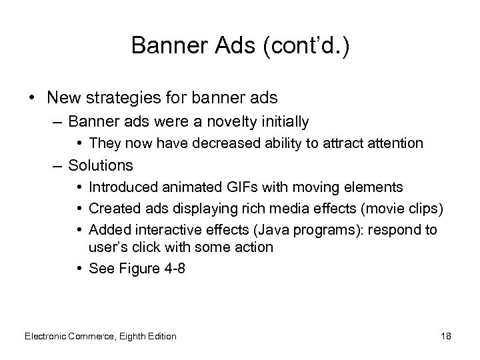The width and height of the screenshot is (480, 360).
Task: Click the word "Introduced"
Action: (121, 186)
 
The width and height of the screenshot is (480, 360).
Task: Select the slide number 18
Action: (445, 336)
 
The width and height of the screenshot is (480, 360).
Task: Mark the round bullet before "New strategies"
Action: (33, 97)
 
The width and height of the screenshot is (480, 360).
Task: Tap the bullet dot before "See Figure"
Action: (79, 268)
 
